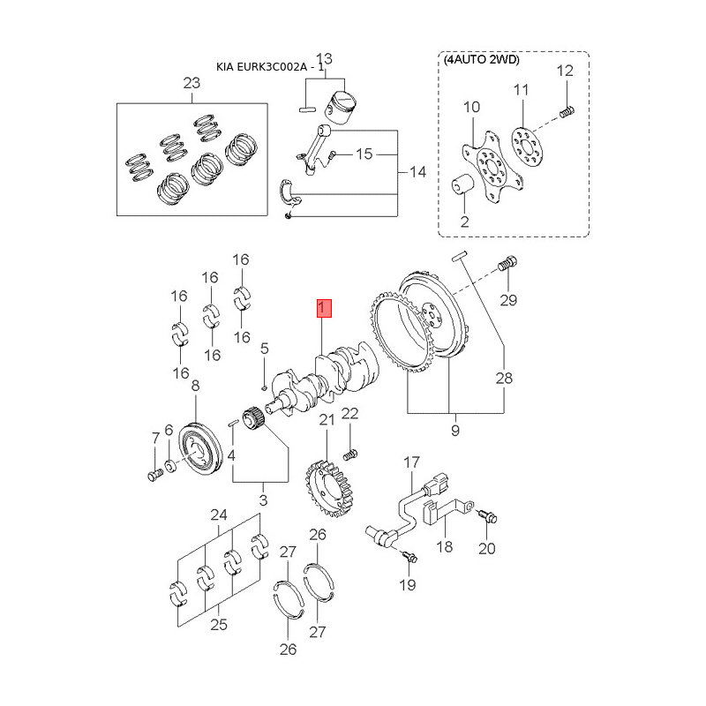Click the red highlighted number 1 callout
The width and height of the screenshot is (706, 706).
[324, 308]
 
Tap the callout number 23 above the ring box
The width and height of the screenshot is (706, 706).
[192, 83]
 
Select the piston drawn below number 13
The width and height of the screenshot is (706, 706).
[341, 108]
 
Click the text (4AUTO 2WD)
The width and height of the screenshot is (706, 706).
[481, 60]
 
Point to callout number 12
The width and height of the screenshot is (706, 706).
[565, 71]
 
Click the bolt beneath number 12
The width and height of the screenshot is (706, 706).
[567, 111]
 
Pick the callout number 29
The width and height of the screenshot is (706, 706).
[508, 300]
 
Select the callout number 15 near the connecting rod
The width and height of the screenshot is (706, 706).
[364, 154]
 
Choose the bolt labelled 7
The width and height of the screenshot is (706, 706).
[155, 474]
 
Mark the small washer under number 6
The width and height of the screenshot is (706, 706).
[170, 466]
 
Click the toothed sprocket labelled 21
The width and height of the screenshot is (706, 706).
[328, 488]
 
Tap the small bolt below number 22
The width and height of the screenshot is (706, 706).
[349, 455]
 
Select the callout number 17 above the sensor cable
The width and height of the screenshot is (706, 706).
[411, 462]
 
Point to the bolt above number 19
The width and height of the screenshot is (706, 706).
[409, 556]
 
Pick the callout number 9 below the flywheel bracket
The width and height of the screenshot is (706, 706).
[455, 431]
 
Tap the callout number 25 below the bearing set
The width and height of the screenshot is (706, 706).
[219, 625]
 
